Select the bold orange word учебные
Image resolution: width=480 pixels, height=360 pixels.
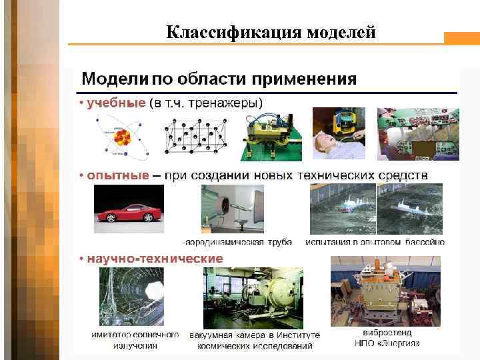pyautogui.click(x=117, y=103)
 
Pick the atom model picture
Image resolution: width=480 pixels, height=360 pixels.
pyautogui.click(x=122, y=135)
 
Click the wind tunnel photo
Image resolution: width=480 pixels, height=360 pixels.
pyautogui.click(x=233, y=209)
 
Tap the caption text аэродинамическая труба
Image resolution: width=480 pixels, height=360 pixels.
pyautogui.click(x=239, y=242)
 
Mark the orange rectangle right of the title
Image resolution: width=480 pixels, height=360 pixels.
pyautogui.click(x=461, y=39)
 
